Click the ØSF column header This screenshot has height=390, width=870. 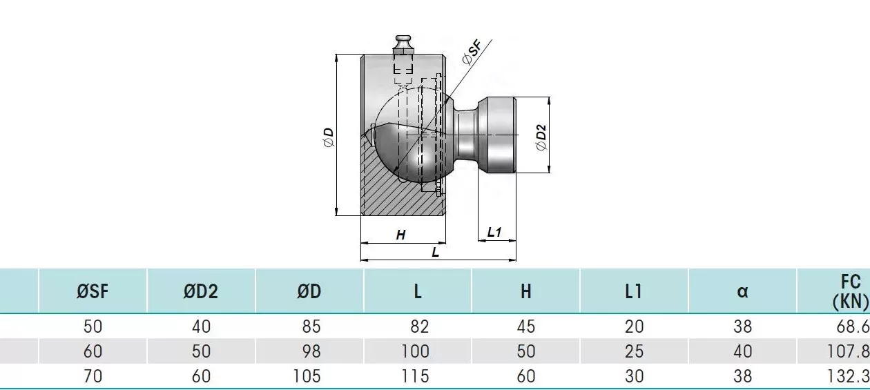coord(93,291)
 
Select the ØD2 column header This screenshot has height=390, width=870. coord(201,291)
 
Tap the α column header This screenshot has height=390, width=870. coord(742,291)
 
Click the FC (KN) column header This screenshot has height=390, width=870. coord(851,292)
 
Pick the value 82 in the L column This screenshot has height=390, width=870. coord(420,326)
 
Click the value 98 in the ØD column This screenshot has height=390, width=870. coord(311,351)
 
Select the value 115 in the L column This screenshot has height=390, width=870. coord(415,376)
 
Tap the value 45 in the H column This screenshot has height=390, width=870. coord(526,326)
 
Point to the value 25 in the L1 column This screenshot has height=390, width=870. coord(635,351)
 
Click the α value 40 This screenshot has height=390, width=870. coord(743,351)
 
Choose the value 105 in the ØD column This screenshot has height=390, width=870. coord(307,376)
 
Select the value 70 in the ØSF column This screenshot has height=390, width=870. coord(93,376)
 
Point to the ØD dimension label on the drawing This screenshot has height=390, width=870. coord(328,137)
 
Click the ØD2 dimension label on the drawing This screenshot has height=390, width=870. coord(541,137)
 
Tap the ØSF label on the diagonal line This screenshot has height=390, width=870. coord(472,52)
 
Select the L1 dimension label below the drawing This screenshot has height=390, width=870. coord(494,233)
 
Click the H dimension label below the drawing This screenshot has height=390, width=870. coord(400,235)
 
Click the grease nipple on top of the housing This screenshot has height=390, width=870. coord(403,46)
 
